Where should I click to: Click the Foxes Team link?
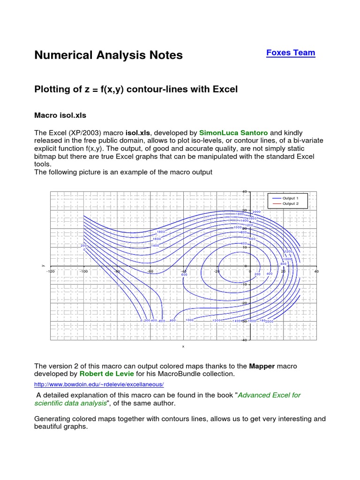tap(291, 53)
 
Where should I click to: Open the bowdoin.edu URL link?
tap(99, 384)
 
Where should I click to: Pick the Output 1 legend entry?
tap(287, 198)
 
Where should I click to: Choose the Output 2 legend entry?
tap(287, 204)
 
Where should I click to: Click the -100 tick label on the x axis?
tap(83, 271)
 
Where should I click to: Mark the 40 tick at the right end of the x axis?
tap(316, 271)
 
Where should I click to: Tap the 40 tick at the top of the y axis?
tap(244, 191)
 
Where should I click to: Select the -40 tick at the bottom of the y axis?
tap(244, 340)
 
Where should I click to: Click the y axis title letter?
tap(43, 266)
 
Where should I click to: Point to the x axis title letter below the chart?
tap(183, 347)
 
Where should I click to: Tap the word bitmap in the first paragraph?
tap(46, 156)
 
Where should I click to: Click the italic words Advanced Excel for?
tap(270, 395)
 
